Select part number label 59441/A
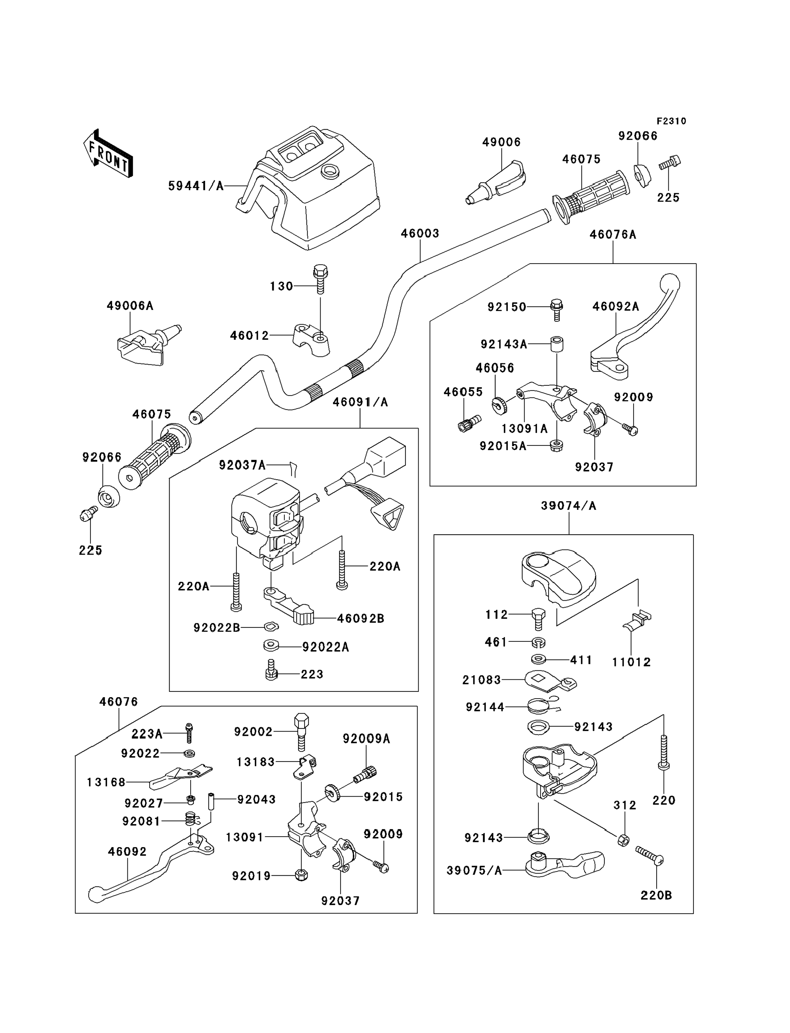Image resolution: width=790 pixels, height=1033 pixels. pyautogui.click(x=196, y=186)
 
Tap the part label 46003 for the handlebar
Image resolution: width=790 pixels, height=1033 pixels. pyautogui.click(x=420, y=233)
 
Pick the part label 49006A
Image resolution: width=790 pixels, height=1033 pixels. pyautogui.click(x=130, y=306)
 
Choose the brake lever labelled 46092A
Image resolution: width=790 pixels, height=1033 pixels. pyautogui.click(x=635, y=329)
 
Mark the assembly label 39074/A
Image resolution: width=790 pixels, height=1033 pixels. pyautogui.click(x=569, y=506)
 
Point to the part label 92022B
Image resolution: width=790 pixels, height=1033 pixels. pyautogui.click(x=217, y=628)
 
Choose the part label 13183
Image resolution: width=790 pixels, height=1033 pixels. pyautogui.click(x=255, y=762)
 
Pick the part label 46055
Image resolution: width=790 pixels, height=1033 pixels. pyautogui.click(x=463, y=392)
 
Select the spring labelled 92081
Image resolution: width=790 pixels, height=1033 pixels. pyautogui.click(x=190, y=820)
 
